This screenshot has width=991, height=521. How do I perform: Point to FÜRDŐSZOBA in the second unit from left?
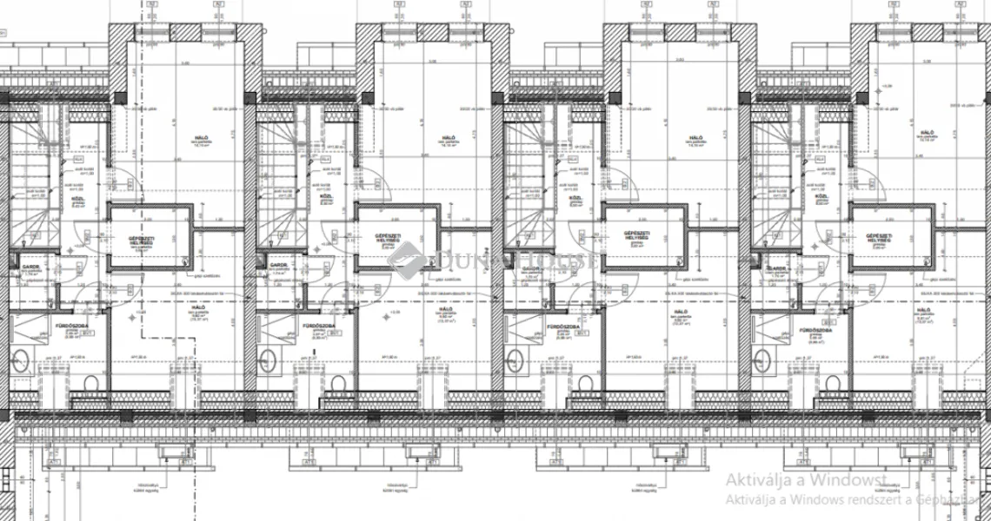(x=319, y=326)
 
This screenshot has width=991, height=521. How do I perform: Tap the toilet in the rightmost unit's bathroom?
(x=833, y=383)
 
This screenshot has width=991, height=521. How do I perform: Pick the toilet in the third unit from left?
(x=585, y=383)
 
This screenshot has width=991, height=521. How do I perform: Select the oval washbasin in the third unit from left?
(x=515, y=359)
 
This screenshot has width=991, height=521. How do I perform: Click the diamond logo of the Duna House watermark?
(x=406, y=260)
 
